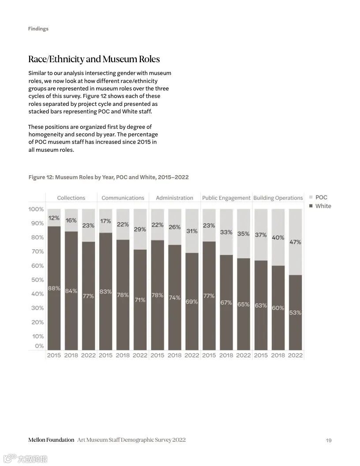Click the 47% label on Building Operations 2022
click(296, 242)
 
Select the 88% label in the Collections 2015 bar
click(54, 288)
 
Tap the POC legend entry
click(321, 197)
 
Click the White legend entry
click(322, 206)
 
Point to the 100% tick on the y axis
click(36, 209)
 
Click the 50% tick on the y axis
click(37, 280)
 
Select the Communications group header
click(123, 198)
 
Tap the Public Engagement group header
click(226, 198)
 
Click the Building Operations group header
click(278, 198)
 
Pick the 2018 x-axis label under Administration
click(174, 355)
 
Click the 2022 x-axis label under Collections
click(88, 355)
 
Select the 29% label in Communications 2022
click(140, 229)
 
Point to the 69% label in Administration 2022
click(191, 302)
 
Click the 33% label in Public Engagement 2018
click(226, 232)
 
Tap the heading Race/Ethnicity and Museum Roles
click(94, 59)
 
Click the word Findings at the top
click(38, 29)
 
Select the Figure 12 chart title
click(109, 177)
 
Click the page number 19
click(329, 440)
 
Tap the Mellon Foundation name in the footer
click(51, 440)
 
